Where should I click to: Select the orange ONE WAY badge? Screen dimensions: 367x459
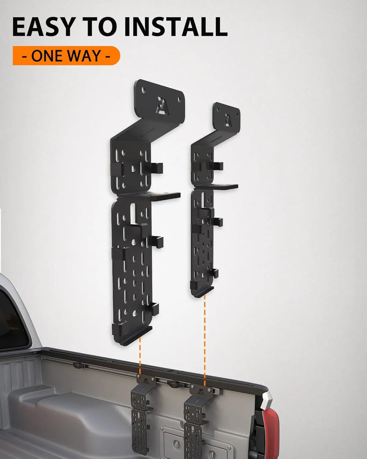[x=66, y=56]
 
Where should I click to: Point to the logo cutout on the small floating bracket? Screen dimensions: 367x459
[x=228, y=120]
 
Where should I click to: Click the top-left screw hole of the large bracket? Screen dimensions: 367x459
[x=144, y=90]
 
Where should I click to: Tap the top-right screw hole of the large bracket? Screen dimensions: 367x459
[x=179, y=99]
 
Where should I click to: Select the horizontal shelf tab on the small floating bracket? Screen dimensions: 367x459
[x=217, y=187]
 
